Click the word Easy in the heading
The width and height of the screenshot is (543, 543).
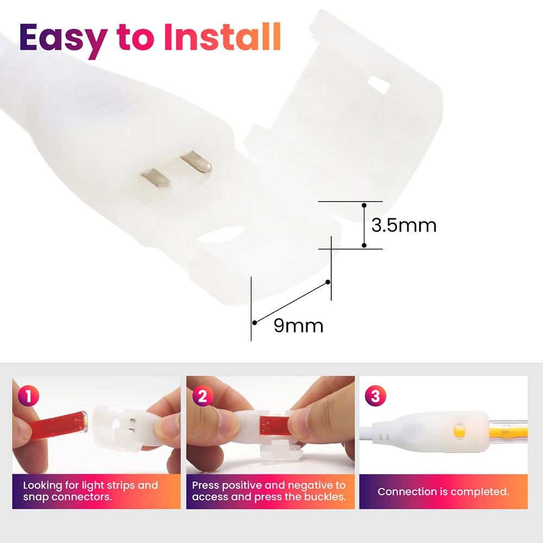click(x=63, y=39)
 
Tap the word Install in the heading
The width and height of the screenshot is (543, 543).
click(x=222, y=37)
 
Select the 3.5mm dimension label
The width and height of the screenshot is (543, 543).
click(x=404, y=225)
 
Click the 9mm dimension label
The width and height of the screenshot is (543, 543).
click(x=299, y=325)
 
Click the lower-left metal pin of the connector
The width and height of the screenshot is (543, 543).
click(x=155, y=178)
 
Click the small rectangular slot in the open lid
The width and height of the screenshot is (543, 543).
click(x=379, y=85)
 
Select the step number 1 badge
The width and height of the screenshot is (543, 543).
click(x=28, y=396)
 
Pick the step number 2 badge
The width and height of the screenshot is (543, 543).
click(x=203, y=396)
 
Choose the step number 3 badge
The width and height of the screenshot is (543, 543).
click(x=376, y=396)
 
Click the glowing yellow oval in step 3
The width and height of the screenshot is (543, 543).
click(x=459, y=428)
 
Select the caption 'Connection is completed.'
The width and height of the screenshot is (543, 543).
click(x=443, y=492)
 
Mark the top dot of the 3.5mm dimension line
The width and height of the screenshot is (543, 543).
click(x=364, y=205)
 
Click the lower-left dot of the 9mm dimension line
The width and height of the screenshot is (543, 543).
click(x=255, y=323)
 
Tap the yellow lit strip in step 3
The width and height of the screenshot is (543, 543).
click(x=508, y=430)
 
